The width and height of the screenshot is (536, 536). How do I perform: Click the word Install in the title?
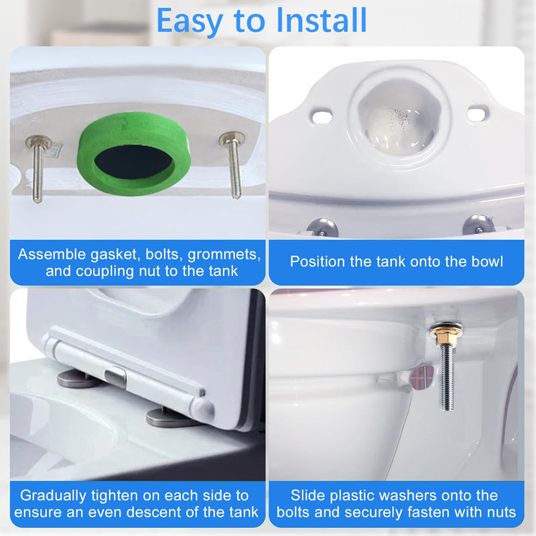click(322, 20)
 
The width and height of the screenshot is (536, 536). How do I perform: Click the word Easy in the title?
click(190, 21)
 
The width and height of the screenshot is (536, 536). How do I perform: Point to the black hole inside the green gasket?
click(134, 161)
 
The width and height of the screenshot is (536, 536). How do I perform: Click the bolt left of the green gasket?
click(38, 168)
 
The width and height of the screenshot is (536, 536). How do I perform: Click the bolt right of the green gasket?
click(233, 164)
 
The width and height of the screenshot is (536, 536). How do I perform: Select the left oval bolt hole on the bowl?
click(322, 116)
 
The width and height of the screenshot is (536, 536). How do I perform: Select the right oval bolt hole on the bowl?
click(478, 113)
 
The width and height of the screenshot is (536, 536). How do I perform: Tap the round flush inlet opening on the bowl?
click(398, 116)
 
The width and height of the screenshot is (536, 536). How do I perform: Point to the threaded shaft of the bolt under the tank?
click(447, 376)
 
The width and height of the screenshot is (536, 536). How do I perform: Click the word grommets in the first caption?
click(224, 255)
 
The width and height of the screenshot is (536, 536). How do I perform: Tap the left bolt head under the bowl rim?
click(322, 227)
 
